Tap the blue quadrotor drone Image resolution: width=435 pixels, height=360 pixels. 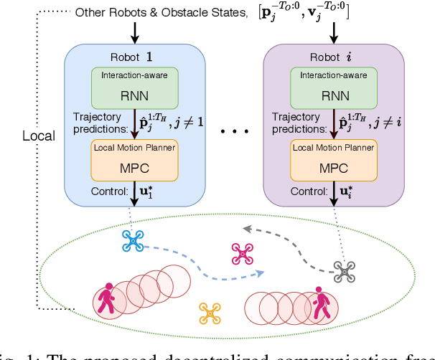coord(134,242)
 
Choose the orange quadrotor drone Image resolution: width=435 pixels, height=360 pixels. coord(209,312)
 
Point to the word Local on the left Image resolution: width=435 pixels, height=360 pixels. coord(39,136)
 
